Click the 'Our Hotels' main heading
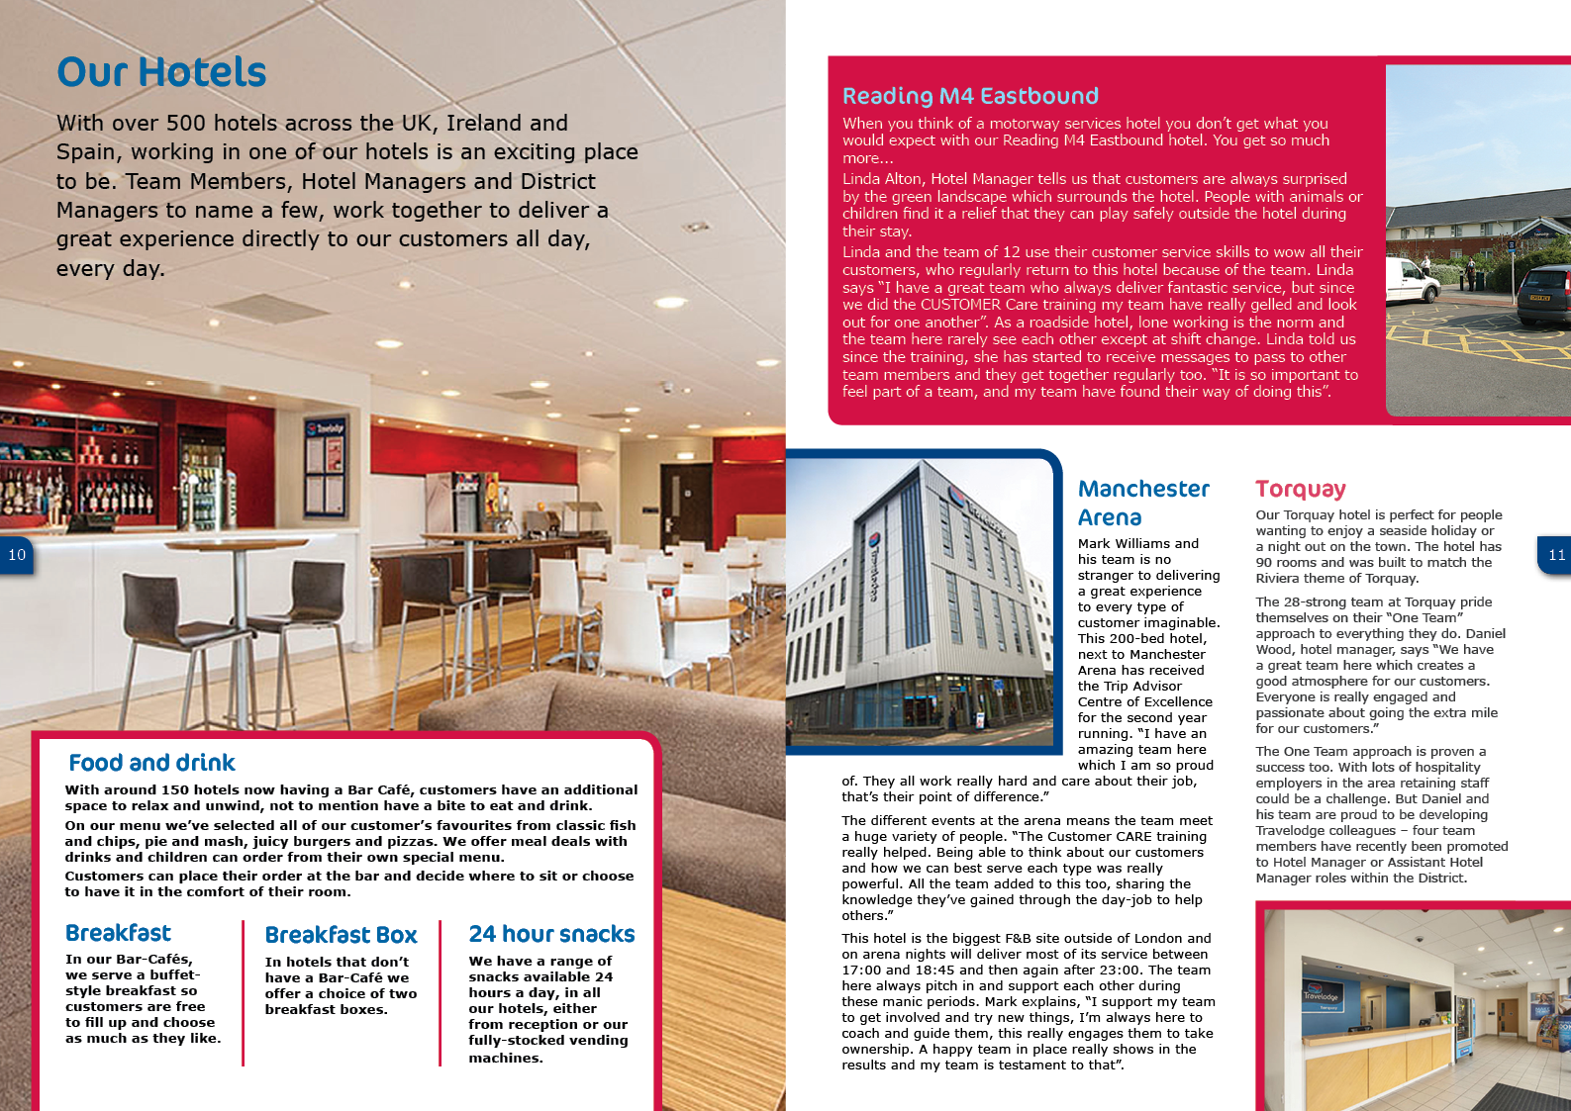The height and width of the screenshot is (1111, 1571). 161,72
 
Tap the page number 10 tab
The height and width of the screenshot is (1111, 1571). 17,555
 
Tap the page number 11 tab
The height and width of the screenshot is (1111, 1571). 1555,555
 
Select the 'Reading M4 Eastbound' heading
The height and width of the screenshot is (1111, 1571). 970,96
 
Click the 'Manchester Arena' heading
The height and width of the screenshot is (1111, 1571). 1142,503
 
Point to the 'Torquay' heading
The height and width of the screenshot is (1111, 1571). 1300,489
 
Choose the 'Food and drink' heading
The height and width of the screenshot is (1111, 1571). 151,763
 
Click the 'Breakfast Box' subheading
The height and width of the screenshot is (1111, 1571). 341,935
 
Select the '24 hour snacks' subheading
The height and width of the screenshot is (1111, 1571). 551,934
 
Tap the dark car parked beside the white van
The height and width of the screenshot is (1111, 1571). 1543,295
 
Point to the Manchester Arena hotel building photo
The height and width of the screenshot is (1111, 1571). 921,603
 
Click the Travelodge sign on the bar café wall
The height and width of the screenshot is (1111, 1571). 326,428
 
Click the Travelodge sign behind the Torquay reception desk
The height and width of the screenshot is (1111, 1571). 1320,993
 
